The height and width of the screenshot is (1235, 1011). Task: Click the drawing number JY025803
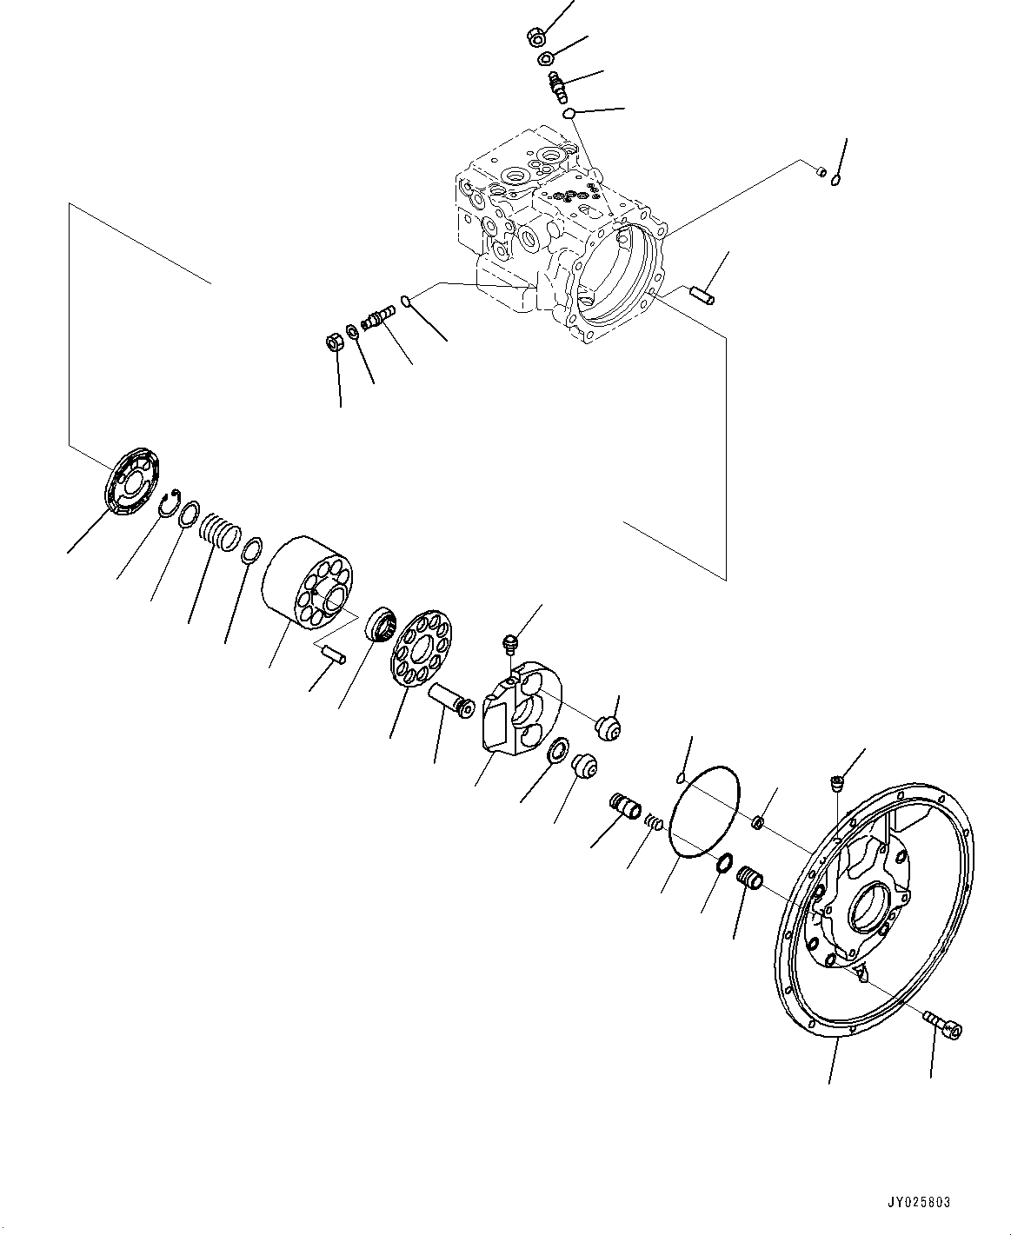point(919,1203)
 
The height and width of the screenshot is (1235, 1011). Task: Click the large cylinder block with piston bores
point(304,587)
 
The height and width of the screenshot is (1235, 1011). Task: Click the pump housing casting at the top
point(556,235)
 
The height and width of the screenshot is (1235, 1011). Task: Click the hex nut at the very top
point(536,37)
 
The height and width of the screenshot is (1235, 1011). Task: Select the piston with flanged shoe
point(449,699)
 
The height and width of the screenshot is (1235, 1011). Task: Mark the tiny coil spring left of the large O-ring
point(657,819)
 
